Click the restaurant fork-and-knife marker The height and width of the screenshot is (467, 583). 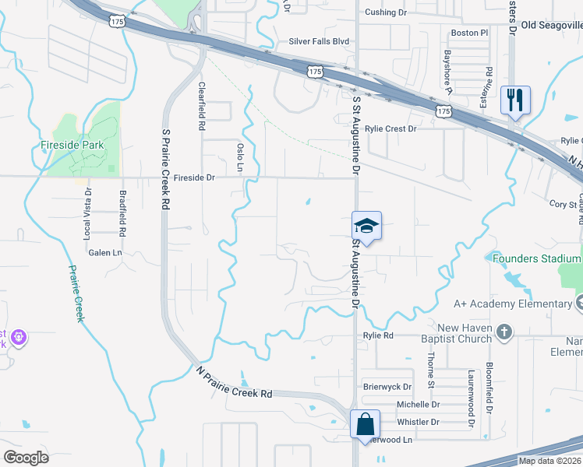point(515,100)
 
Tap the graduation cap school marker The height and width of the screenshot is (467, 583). point(366,226)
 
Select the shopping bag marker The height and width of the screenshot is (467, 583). point(365,425)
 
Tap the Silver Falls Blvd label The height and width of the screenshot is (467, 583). point(319,41)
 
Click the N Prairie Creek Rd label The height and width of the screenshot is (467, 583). point(234,382)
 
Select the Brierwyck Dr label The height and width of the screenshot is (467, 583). point(387,386)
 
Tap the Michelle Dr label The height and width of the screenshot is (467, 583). point(418,405)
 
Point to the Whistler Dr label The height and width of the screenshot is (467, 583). point(418,422)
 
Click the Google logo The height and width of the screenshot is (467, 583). point(26,457)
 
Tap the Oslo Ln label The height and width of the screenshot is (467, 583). point(240,158)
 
